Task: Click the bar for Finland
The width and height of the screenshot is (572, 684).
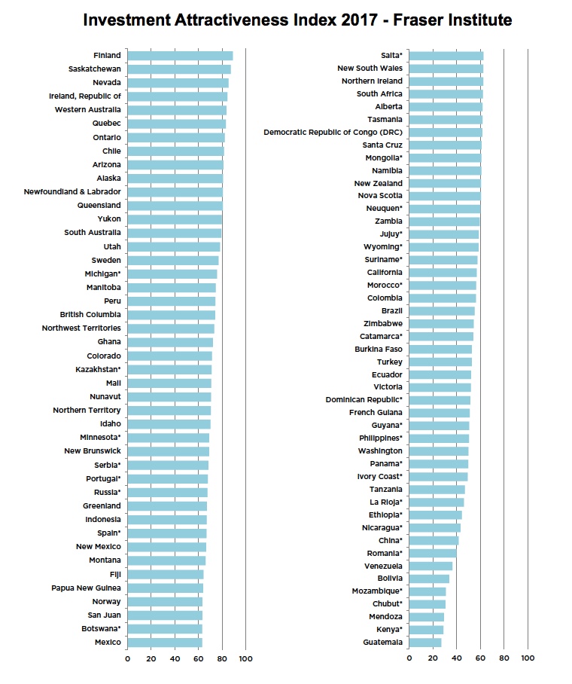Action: (180, 55)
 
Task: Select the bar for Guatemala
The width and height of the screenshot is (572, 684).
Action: (425, 642)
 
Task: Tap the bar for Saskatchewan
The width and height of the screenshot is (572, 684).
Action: (179, 69)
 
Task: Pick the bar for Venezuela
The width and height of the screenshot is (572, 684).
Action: (431, 566)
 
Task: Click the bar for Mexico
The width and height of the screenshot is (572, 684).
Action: (165, 642)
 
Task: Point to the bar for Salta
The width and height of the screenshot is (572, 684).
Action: (446, 55)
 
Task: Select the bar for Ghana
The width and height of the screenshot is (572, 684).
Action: (170, 342)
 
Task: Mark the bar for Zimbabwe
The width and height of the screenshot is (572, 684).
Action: (441, 323)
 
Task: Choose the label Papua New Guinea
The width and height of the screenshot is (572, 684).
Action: (86, 588)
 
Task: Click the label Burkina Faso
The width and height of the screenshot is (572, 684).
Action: (378, 349)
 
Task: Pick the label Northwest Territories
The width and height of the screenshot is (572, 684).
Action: (81, 328)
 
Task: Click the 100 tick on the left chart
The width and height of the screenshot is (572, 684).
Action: (245, 659)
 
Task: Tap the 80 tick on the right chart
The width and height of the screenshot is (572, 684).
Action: (504, 658)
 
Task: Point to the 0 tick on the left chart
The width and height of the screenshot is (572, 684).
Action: (127, 659)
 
